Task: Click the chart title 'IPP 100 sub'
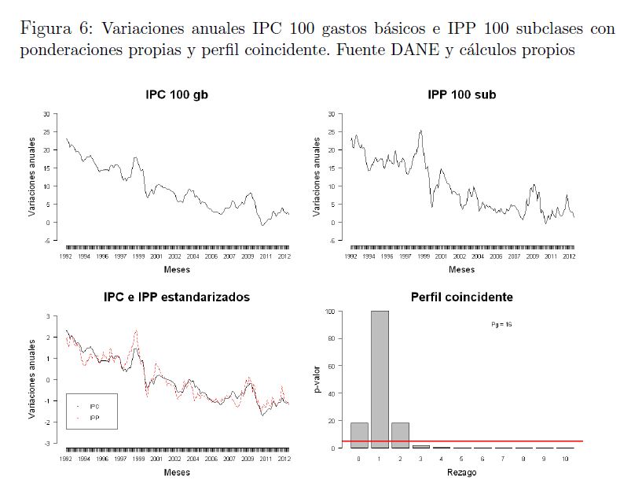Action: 462,95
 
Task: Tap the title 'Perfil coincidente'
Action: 462,297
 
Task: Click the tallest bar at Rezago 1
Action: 379,379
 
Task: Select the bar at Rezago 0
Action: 358,435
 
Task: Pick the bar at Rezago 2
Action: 399,435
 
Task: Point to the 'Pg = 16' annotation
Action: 502,324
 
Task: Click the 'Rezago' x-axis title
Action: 461,473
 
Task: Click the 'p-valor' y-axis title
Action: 318,379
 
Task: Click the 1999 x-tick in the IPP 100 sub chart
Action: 423,256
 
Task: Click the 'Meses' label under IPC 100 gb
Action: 176,270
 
